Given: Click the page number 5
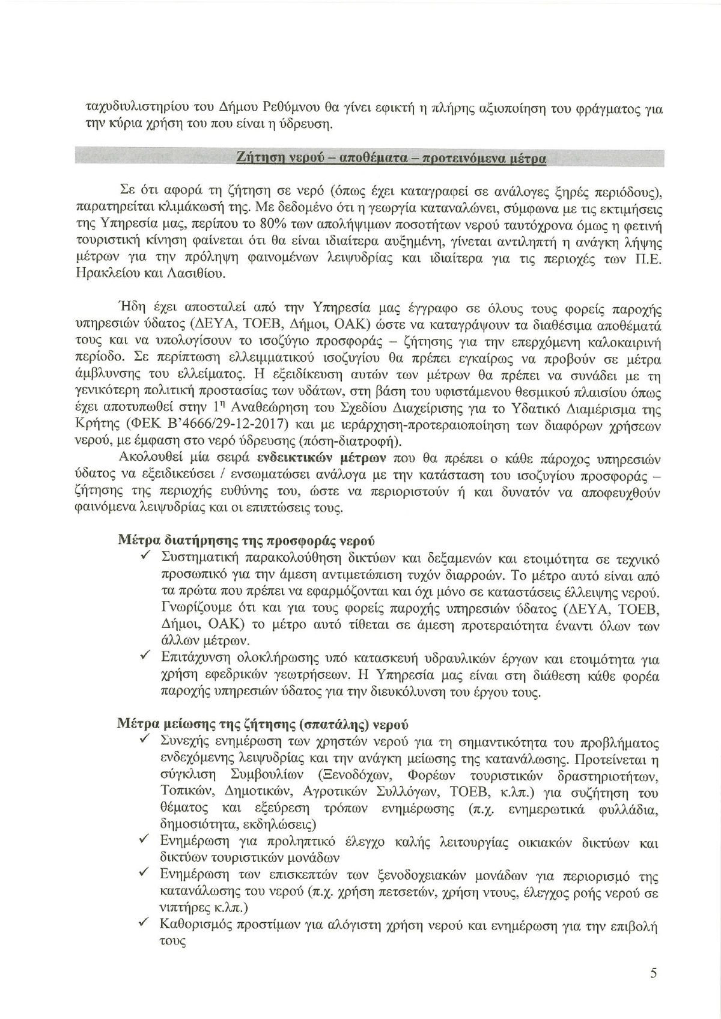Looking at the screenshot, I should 653,973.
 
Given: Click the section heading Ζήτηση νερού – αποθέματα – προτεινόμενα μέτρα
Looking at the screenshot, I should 391,158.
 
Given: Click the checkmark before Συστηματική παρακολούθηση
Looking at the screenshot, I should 145,557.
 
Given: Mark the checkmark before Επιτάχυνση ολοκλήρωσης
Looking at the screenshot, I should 145,657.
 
